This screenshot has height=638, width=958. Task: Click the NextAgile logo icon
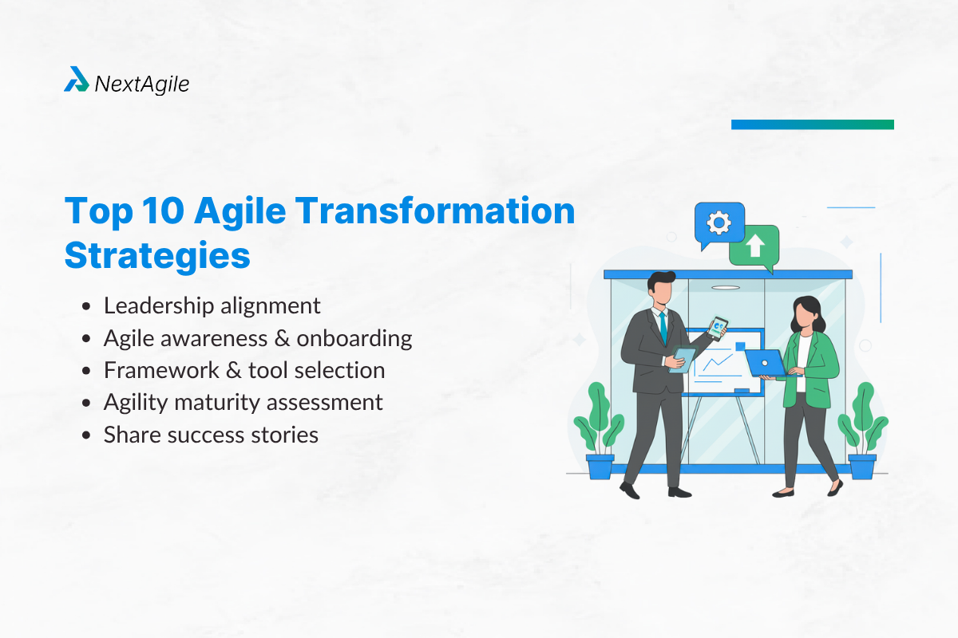point(77,80)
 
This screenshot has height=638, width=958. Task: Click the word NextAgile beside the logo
point(142,83)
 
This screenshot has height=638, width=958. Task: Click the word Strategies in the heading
point(157,256)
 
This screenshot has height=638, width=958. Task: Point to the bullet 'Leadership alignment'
point(212,305)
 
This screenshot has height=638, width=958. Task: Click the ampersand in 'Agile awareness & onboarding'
point(281,338)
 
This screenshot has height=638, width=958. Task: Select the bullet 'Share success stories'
point(211,435)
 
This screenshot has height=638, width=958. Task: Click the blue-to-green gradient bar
point(812,124)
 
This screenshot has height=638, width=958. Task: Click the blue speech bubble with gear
point(718,223)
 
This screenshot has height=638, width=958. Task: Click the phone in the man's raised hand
point(718,328)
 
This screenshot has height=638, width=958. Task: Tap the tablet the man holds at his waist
point(680,360)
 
